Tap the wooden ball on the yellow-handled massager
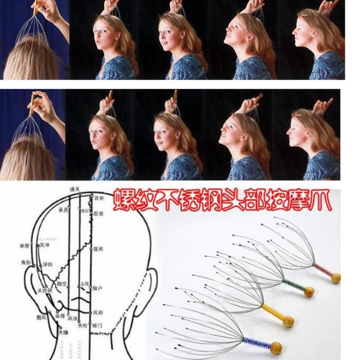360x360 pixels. click(x=288, y=322)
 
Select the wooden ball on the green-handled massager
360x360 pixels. click(x=309, y=291)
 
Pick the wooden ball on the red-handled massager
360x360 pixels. click(x=335, y=277)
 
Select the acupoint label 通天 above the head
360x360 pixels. click(x=74, y=189)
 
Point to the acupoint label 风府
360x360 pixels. click(x=98, y=312)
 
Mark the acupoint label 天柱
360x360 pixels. click(x=83, y=325)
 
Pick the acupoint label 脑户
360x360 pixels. click(x=98, y=288)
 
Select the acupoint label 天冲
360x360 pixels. click(x=45, y=245)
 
